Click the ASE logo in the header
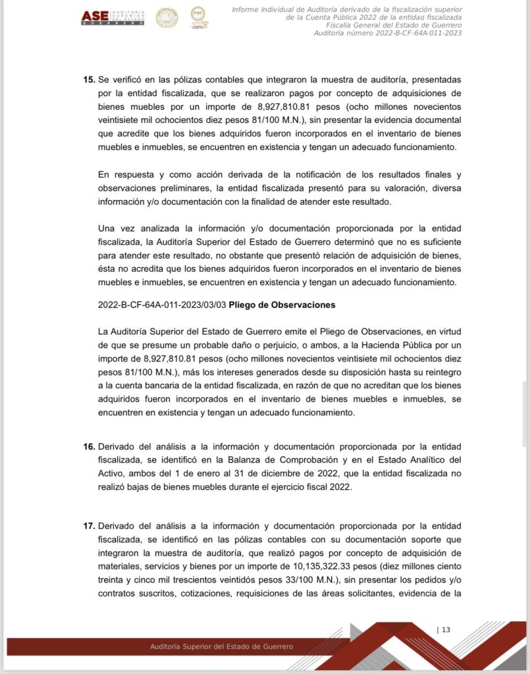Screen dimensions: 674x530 pos(112,18)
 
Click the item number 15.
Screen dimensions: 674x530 pos(89,80)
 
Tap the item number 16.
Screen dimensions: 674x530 pos(89,447)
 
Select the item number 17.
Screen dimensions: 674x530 pos(89,526)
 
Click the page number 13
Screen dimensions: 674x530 pos(446,629)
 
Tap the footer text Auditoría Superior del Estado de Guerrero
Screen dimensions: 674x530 pos(222,646)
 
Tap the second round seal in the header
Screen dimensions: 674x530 pos(198,17)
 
